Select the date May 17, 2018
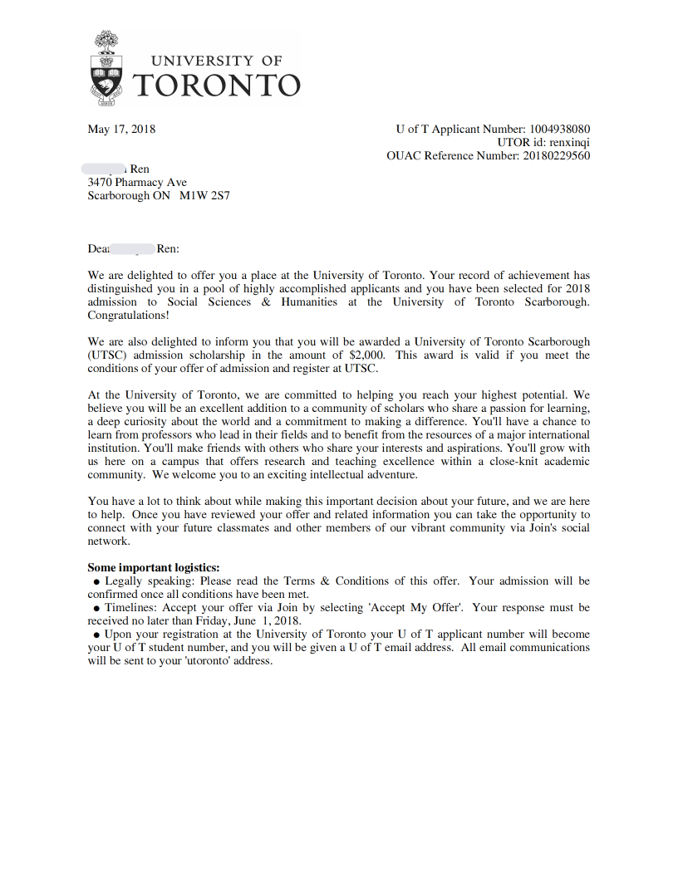[x=121, y=129]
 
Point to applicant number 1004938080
[x=559, y=129]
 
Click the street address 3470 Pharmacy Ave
[x=137, y=182]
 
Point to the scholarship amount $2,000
[x=366, y=355]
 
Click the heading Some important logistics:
[x=154, y=567]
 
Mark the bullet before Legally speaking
[x=97, y=581]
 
